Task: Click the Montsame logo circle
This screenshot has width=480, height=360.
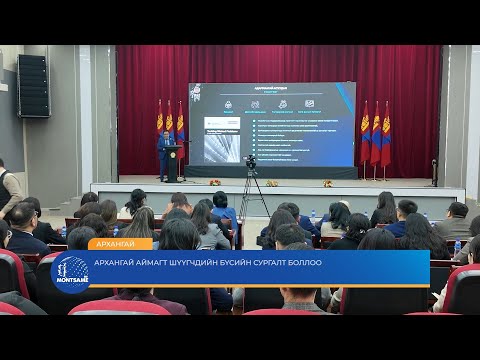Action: tap(70, 272)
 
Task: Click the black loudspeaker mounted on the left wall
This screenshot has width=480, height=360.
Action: tap(33, 85)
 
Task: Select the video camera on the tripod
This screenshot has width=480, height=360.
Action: tap(251, 162)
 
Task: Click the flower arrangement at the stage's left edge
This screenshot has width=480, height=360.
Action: tap(214, 182)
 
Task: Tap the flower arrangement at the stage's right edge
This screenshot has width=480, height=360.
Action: tap(328, 183)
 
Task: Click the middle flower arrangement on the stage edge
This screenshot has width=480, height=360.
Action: tap(271, 183)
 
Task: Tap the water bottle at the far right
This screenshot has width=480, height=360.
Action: tap(457, 246)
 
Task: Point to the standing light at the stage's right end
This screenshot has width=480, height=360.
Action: tap(434, 170)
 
